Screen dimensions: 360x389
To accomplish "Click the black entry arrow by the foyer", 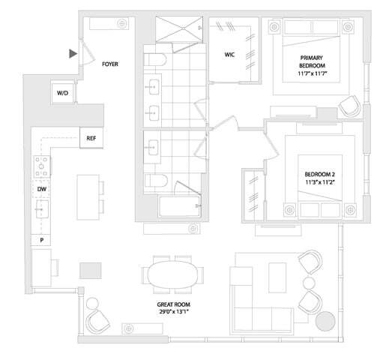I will point(72,53).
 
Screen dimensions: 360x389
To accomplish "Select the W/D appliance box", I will point(63,93).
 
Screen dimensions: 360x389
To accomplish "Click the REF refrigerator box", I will point(91,138).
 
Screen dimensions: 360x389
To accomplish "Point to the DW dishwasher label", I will point(42,190).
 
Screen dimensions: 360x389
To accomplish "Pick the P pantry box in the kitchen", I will point(42,240).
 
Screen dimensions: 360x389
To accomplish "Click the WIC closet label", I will point(231,55).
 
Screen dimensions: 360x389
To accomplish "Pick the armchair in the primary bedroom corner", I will point(348,106).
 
